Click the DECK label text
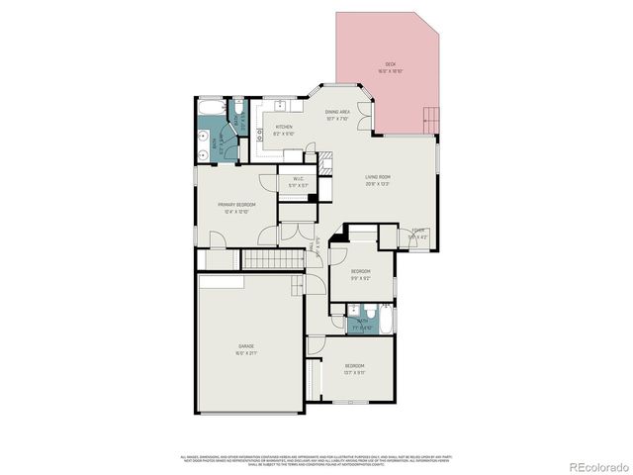tap(390, 65)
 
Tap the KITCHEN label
tap(284, 126)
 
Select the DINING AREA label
tap(338, 112)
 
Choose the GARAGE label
tap(245, 345)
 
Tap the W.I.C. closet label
tap(298, 179)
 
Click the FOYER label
tap(418, 231)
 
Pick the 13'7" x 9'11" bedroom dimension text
tap(354, 372)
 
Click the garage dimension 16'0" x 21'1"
tap(245, 352)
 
